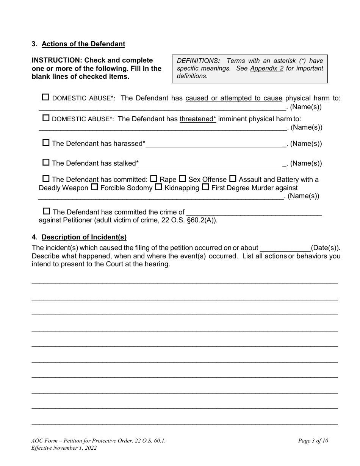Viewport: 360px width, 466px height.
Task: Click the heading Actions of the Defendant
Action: (83, 44)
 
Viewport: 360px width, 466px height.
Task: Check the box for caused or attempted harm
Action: (45, 97)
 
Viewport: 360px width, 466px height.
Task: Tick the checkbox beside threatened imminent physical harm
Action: (46, 118)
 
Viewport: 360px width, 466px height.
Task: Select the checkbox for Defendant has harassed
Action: (46, 143)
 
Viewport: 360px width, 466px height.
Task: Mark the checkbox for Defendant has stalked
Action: (46, 163)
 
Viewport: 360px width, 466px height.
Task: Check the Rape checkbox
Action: (154, 178)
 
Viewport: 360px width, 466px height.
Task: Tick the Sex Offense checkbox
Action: (182, 178)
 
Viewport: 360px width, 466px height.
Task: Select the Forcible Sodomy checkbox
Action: (94, 187)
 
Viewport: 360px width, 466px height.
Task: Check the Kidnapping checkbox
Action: (158, 187)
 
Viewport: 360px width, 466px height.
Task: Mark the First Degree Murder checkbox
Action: (205, 187)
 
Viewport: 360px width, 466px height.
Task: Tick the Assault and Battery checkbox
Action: (233, 178)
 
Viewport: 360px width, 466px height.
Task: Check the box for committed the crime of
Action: (47, 211)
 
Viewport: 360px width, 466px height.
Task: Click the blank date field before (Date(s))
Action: (285, 248)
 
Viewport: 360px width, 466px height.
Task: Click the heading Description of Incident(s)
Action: (84, 237)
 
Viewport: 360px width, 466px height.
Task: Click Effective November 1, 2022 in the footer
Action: (64, 448)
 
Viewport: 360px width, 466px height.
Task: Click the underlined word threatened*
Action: (197, 119)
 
